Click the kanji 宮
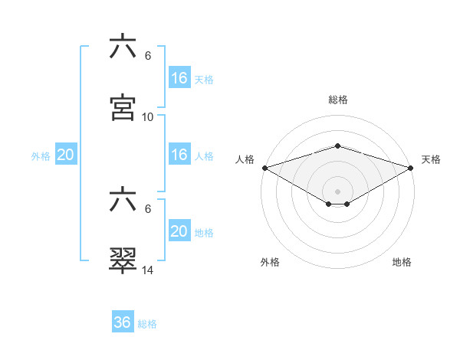pos(123,107)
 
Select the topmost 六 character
pos(123,47)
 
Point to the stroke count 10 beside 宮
pos(148,117)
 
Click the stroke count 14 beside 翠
pos(148,270)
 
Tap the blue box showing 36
pos(123,322)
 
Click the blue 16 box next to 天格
pos(179,78)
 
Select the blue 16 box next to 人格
pos(179,155)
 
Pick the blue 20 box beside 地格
pos(179,231)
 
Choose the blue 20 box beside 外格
pos(66,155)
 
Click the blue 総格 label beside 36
pos(147,324)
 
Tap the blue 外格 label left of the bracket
pos(41,155)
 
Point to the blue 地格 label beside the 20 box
pos(204,232)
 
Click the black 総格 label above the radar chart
pos(337,100)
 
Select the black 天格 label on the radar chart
pos(432,159)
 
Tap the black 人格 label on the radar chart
pos(245,159)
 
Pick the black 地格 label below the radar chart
pos(402,262)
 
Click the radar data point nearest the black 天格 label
pos(412,167)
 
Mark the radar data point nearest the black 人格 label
pos(264,167)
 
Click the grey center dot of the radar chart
pos(337,191)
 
